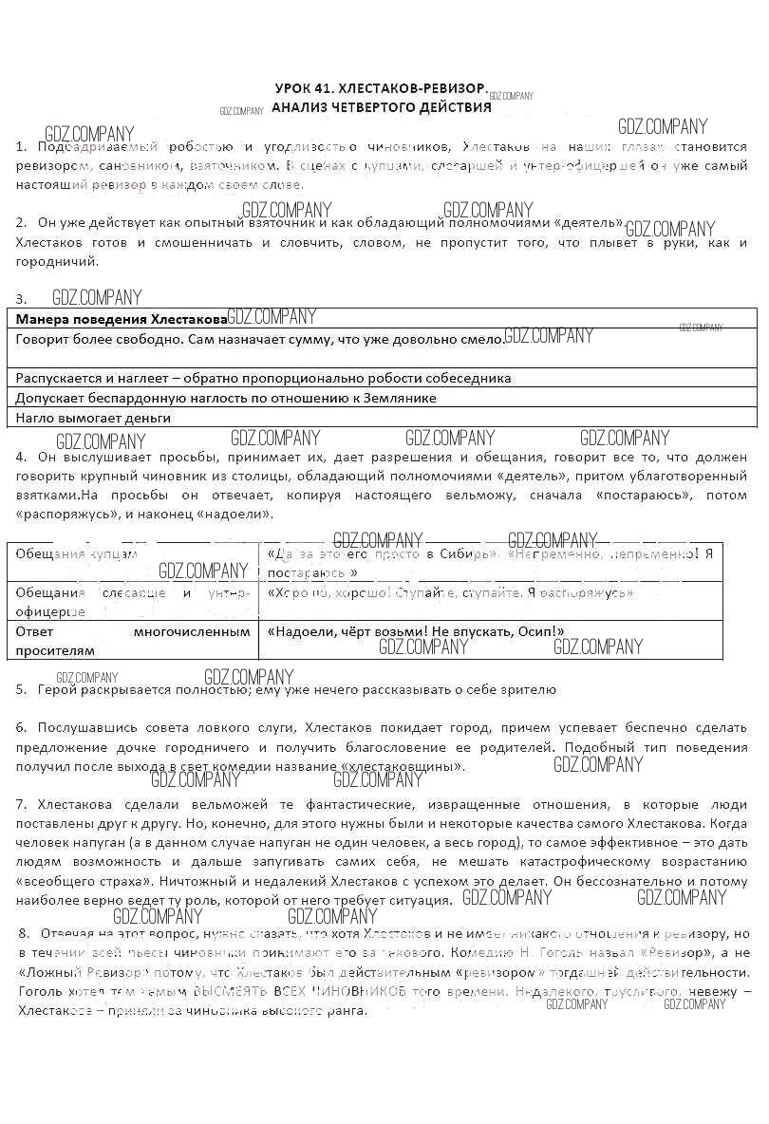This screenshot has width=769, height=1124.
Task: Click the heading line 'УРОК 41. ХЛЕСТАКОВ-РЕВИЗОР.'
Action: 380,87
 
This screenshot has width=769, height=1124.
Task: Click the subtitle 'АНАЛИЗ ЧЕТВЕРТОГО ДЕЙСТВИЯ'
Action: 381,107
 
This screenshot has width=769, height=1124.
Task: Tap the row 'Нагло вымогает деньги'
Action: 93,418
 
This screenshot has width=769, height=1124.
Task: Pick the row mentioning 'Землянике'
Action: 226,399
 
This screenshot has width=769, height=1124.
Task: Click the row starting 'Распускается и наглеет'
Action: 264,378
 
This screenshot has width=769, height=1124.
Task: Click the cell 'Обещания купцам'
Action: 76,553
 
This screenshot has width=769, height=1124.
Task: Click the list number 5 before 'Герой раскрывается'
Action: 21,690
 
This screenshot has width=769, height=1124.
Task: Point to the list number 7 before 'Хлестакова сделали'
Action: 21,804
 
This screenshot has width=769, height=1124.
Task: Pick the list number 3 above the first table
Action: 21,299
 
